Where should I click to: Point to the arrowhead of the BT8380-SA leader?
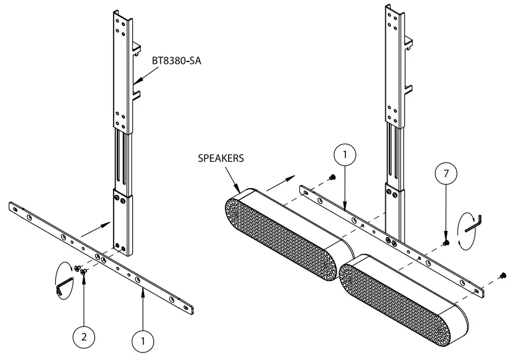click(135, 81)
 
